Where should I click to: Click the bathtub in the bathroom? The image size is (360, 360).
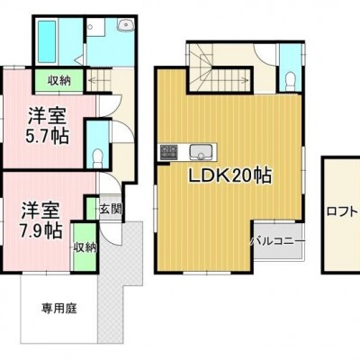pyautogui.click(x=47, y=40)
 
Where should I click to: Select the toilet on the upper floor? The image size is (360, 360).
pyautogui.click(x=291, y=82)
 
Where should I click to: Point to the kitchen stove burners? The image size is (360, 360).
pyautogui.click(x=168, y=152)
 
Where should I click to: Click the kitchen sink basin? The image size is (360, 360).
pyautogui.click(x=201, y=152)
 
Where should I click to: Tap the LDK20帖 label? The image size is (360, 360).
pyautogui.click(x=230, y=175)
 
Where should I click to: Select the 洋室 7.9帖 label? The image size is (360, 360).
pyautogui.click(x=40, y=220)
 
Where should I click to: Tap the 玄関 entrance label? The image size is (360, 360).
pyautogui.click(x=111, y=209)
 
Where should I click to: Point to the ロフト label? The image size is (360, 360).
pyautogui.click(x=343, y=211)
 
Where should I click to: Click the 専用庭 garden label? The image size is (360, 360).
pyautogui.click(x=59, y=308)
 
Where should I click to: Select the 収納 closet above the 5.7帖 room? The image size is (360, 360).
pyautogui.click(x=59, y=80)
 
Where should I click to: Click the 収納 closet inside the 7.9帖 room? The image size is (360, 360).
pyautogui.click(x=85, y=247)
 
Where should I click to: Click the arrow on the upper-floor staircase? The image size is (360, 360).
pyautogui.click(x=229, y=80)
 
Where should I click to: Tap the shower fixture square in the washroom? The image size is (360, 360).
pyautogui.click(x=95, y=27)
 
